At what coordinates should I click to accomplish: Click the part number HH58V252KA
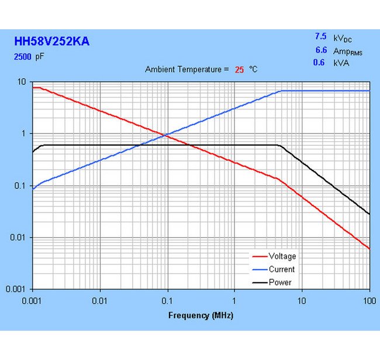(x=51, y=42)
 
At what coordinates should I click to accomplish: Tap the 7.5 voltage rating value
(x=320, y=36)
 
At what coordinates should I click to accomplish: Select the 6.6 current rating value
(x=320, y=50)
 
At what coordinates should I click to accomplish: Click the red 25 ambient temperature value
(x=240, y=70)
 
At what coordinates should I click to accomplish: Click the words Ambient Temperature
(x=184, y=70)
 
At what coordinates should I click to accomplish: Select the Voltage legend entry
(x=282, y=256)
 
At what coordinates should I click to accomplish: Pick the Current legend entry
(x=281, y=269)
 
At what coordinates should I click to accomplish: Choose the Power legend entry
(x=280, y=283)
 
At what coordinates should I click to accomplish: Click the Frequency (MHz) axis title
(x=201, y=316)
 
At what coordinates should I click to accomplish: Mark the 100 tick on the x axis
(x=368, y=300)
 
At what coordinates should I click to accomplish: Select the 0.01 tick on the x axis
(x=100, y=300)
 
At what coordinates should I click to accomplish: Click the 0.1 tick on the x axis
(x=167, y=300)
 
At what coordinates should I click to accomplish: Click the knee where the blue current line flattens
(x=282, y=91)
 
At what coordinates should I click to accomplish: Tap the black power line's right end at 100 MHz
(x=369, y=214)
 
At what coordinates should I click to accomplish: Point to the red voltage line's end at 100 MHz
(x=369, y=249)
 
